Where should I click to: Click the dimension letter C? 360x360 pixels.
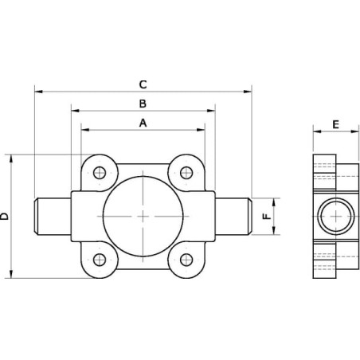tap(143, 84)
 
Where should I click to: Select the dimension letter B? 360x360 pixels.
tap(143, 104)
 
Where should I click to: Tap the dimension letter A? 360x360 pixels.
tap(143, 123)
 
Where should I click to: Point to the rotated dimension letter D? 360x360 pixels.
tap(5, 216)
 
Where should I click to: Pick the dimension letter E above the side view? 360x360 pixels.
tap(336, 124)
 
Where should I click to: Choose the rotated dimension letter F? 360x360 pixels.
tap(267, 216)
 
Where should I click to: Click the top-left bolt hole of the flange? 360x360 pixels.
tap(100, 173)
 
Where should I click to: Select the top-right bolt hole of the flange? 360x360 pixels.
tap(186, 173)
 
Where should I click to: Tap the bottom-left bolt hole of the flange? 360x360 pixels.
tap(100, 260)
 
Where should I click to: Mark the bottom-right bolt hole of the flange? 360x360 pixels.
tap(186, 260)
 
